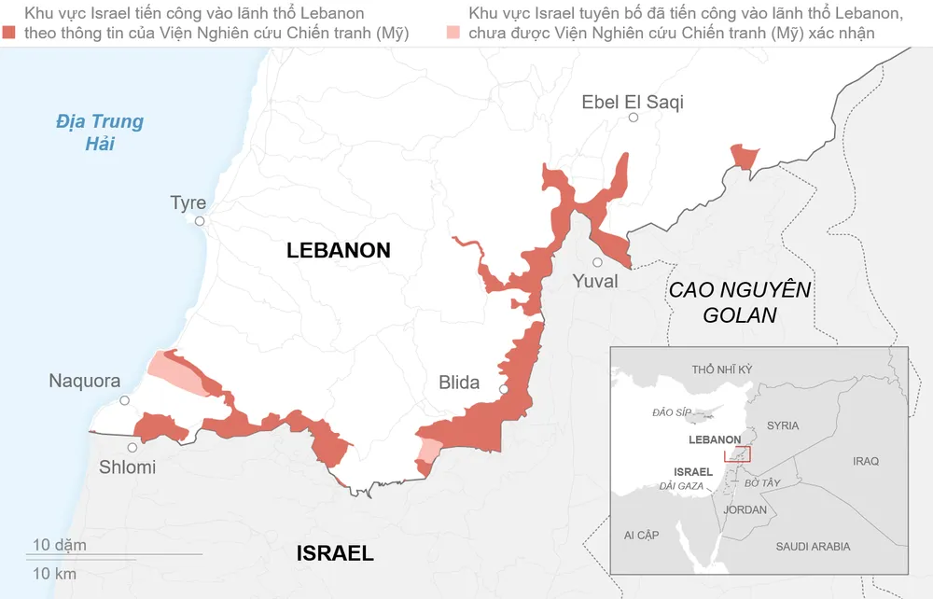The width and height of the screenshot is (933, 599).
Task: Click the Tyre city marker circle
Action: coord(200,221)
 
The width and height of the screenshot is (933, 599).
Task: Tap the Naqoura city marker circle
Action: coord(125,401)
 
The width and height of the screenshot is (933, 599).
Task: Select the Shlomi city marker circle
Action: coord(132,448)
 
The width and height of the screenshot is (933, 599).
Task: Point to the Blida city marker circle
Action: coord(504,389)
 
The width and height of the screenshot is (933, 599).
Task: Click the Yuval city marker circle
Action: coord(597,262)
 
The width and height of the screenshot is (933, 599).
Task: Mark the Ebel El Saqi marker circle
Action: coord(634,118)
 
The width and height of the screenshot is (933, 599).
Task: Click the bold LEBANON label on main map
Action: coord(338,250)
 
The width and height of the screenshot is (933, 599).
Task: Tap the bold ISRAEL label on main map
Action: coord(335,553)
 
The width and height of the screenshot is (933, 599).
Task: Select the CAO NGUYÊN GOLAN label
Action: coord(740,302)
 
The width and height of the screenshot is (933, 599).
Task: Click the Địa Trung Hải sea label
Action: coord(99,132)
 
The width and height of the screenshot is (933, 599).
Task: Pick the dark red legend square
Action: coord(9,33)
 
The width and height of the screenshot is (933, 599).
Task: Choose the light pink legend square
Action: coord(453,33)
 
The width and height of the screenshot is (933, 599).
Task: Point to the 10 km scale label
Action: coord(54,574)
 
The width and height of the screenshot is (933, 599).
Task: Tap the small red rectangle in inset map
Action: coord(737,453)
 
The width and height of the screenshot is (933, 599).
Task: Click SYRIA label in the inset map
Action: coord(782,425)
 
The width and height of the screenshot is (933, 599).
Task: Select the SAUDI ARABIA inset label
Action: coord(813,547)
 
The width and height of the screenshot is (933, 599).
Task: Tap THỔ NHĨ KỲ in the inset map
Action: coord(721,369)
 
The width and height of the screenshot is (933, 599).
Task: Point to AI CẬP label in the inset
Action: coord(641,535)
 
